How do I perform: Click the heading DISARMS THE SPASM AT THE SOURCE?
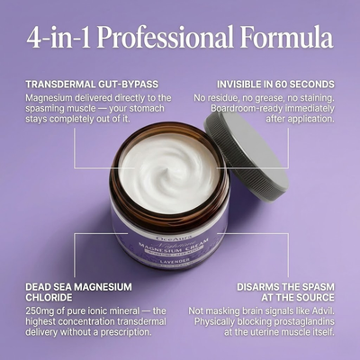tap(285, 291)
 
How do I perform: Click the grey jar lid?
tap(247, 152)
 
